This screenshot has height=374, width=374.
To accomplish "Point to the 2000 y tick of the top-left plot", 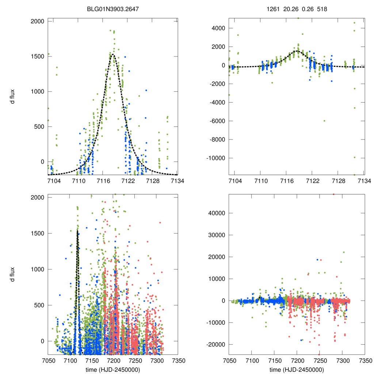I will [x=38, y=21].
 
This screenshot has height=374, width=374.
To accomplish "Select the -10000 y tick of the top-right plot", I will [x=215, y=158].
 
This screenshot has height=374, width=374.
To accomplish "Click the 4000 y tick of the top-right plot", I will [x=218, y=28].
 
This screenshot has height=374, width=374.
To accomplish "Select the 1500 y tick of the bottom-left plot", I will [x=38, y=233].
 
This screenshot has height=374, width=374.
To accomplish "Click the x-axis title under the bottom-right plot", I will [x=297, y=370].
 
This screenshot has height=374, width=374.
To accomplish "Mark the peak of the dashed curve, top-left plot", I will [x=112, y=54].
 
